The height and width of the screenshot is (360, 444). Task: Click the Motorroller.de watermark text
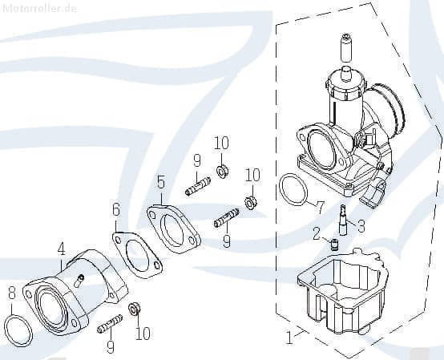tap(39, 7)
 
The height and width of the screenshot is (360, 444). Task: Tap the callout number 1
tap(289, 338)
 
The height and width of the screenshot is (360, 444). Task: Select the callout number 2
tap(317, 233)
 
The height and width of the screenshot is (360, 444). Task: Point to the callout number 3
tap(361, 226)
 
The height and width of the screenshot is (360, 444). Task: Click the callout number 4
tap(62, 249)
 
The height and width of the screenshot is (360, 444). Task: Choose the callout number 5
tap(161, 183)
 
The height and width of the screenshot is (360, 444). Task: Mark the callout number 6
tap(116, 210)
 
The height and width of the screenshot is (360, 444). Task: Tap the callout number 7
tap(321, 208)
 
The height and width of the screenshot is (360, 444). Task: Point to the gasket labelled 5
tap(173, 228)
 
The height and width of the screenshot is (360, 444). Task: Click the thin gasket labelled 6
tap(136, 254)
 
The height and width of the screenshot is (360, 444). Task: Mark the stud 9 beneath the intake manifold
tap(110, 326)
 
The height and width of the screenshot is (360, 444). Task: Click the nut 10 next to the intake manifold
tap(135, 308)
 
